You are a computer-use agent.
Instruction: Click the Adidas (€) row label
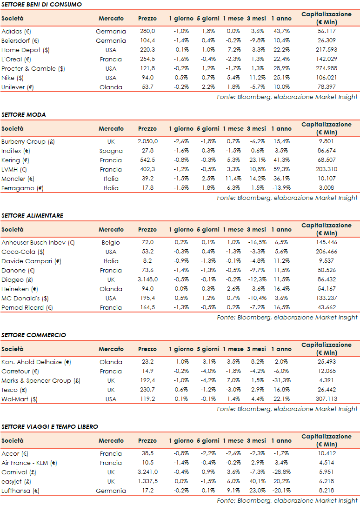pos(16,31)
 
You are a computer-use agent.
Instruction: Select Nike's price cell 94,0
pos(147,78)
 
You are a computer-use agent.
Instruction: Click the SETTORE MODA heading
pos(24,114)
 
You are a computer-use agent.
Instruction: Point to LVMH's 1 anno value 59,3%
pos(281,169)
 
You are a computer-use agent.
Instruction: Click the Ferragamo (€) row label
pos(22,188)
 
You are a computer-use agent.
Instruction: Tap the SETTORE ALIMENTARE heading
pos(32,215)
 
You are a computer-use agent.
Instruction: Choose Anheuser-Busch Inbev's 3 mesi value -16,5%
pos(256,242)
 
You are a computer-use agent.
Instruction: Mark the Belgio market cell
pos(111,242)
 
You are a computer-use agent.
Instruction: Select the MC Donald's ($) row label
pos(26,298)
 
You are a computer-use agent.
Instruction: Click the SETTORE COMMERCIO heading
pos(33,335)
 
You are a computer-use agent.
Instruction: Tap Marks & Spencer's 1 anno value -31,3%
pos(281,380)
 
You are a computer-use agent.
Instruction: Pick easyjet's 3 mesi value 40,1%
pos(256,481)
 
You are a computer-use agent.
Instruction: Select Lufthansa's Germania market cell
pos(111,491)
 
